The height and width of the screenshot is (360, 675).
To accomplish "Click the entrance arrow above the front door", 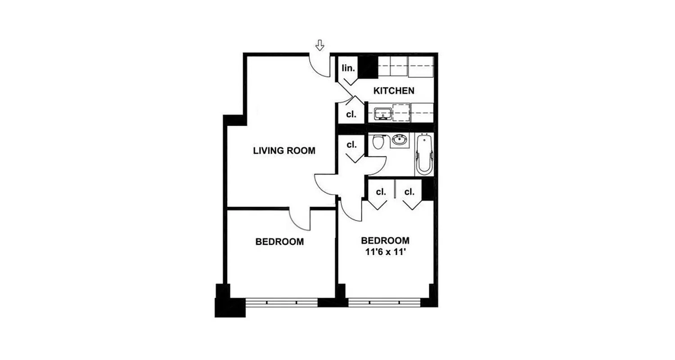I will point(319,45).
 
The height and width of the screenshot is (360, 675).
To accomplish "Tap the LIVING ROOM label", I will point(284,151).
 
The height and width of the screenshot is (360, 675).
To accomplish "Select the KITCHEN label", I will point(394,91).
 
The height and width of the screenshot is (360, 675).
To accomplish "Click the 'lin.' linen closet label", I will point(349,68).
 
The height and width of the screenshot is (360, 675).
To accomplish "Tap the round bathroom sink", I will point(399,140).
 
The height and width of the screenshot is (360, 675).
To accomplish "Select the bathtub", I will point(424,156).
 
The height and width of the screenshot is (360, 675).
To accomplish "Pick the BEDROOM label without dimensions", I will point(279,242).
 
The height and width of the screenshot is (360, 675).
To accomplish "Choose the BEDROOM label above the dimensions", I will point(385,240).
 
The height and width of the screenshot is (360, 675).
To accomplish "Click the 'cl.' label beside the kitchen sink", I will point(351,114).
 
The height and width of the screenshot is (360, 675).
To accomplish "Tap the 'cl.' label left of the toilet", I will point(351,145).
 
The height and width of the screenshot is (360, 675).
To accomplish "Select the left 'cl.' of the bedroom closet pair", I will point(381,192).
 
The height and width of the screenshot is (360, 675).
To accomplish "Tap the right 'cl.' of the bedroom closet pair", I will point(409,192).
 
